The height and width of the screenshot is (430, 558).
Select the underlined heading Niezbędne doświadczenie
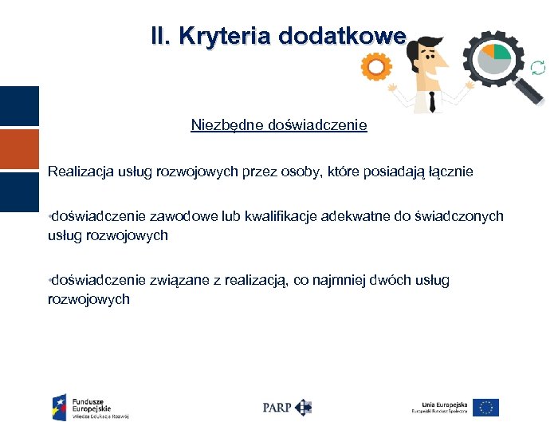(279, 125)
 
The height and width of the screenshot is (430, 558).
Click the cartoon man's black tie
(431, 100)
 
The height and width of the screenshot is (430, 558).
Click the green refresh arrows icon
(538, 69)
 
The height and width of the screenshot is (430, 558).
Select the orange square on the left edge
(19, 149)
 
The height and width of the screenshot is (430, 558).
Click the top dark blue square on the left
(19, 106)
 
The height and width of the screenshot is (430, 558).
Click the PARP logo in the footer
(287, 407)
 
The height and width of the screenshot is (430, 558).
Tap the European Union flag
(485, 407)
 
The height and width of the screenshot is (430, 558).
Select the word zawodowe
(175, 216)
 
